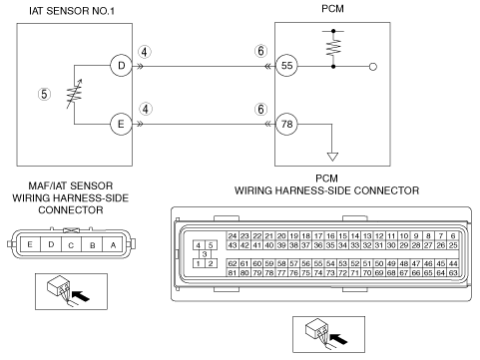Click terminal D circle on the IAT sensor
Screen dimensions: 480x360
pyautogui.click(x=121, y=66)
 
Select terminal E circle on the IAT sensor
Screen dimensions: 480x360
pyautogui.click(x=121, y=125)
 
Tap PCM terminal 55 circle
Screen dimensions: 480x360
pyautogui.click(x=286, y=66)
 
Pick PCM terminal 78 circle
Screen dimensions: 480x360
pyautogui.click(x=286, y=125)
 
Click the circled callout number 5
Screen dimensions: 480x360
pyautogui.click(x=44, y=94)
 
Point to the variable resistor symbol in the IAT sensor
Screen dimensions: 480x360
pyautogui.click(x=74, y=94)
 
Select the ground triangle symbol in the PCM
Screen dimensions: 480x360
pyautogui.click(x=332, y=157)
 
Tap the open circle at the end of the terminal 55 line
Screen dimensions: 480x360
pyautogui.click(x=373, y=67)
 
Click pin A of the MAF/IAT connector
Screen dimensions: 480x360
pyautogui.click(x=113, y=245)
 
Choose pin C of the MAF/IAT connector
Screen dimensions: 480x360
pyautogui.click(x=71, y=245)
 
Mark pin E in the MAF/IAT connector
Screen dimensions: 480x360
pyautogui.click(x=30, y=245)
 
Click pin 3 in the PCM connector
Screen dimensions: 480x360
pyautogui.click(x=205, y=254)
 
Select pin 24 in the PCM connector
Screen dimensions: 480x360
pyautogui.click(x=233, y=236)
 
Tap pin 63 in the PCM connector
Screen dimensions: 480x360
pyautogui.click(x=453, y=273)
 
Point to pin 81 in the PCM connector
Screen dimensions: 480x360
pyautogui.click(x=233, y=273)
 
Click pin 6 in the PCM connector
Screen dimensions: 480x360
pyautogui.click(x=453, y=236)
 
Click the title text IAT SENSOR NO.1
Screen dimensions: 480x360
pyautogui.click(x=72, y=11)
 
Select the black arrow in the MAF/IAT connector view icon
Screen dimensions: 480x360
pyautogui.click(x=81, y=296)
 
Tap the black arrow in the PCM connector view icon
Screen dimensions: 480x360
pyautogui.click(x=338, y=339)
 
